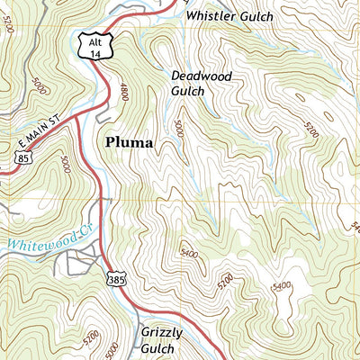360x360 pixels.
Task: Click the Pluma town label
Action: click(129, 142)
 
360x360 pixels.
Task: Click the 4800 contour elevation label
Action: click(123, 93)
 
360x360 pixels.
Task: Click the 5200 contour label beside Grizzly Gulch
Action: click(222, 284)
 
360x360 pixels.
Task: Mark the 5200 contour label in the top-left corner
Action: click(8, 25)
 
